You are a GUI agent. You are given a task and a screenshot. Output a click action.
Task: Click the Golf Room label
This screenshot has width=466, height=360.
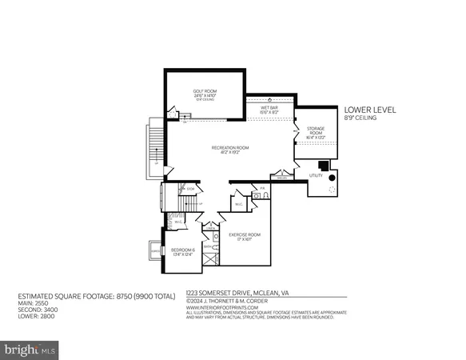[x=205, y=93]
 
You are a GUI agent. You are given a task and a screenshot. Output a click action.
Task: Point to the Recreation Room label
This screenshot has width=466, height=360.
[x=228, y=150]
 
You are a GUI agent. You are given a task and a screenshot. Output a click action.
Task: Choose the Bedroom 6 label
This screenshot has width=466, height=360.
[x=183, y=253]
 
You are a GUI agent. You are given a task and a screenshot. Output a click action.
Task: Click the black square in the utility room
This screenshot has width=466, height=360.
[x=324, y=166]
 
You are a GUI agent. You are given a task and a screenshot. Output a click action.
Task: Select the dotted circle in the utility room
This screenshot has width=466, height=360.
[x=329, y=190]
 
